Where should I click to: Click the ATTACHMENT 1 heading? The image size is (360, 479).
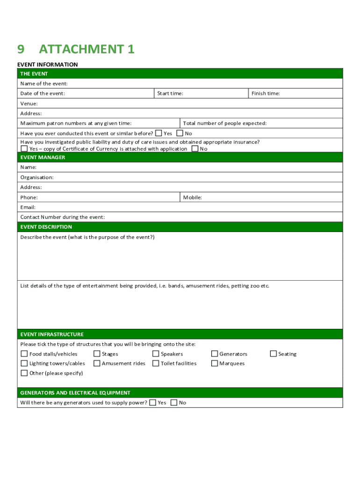coord(86,49)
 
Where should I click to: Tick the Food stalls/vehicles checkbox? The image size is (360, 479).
coord(24,354)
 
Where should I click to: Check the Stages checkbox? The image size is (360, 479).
coord(97,354)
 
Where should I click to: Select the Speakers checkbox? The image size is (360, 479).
coord(156,354)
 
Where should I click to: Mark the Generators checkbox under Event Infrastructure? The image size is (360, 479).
coord(215,354)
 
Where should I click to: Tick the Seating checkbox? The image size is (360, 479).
coord(274,354)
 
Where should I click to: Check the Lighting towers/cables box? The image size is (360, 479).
coord(24,363)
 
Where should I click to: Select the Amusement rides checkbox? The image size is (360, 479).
coord(97,363)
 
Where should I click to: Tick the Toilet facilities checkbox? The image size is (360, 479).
coord(156,363)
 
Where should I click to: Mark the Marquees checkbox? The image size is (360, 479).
coord(215,363)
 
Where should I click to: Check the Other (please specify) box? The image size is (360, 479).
coord(24,373)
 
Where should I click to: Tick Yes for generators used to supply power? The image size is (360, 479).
coord(152,403)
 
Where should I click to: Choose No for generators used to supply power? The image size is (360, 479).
coord(174,403)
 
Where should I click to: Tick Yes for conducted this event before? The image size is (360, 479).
coord(158,133)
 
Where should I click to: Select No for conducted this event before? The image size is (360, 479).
coord(180,133)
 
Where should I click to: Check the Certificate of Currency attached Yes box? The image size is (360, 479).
coord(24,149)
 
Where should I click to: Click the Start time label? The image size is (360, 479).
coord(170,94)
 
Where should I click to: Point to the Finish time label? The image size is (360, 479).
coord(266,94)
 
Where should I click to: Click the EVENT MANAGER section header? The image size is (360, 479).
coord(43,158)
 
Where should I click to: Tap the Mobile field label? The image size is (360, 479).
coord(193,197)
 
